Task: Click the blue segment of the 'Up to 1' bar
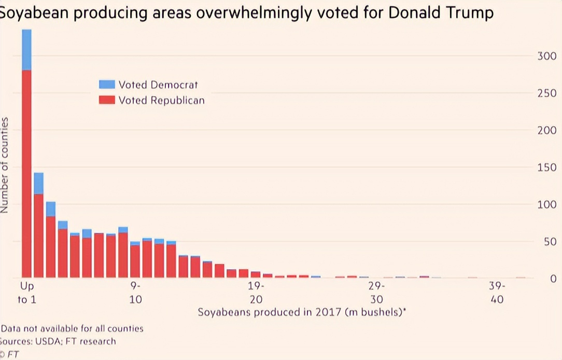pyautogui.click(x=26, y=49)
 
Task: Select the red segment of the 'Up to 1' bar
pyautogui.click(x=26, y=174)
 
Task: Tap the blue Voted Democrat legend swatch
pyautogui.click(x=107, y=85)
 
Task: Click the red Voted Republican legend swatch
pyautogui.click(x=107, y=100)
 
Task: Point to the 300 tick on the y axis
pyautogui.click(x=546, y=56)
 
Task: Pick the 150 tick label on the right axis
pyautogui.click(x=546, y=168)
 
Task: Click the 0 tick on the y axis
pyautogui.click(x=553, y=279)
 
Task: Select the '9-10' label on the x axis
pyautogui.click(x=135, y=293)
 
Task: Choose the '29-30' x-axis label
pyautogui.click(x=376, y=293)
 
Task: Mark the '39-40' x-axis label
pyautogui.click(x=497, y=293)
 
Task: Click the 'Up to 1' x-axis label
pyautogui.click(x=27, y=293)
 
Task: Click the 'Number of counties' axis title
pyautogui.click(x=5, y=165)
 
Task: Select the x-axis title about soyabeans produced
pyautogui.click(x=301, y=312)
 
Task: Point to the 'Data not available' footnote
pyautogui.click(x=72, y=328)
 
